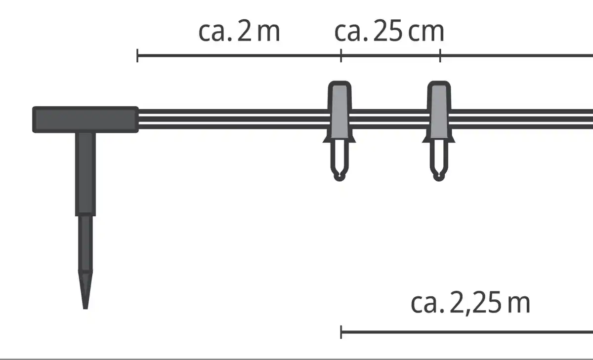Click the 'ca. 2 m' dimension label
coord(239,32)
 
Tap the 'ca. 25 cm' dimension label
coord(389,32)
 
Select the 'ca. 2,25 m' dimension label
coord(470,303)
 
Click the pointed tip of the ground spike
coord(85,308)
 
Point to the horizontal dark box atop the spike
coord(85,120)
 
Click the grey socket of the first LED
coord(339,111)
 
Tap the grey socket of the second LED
coord(439,111)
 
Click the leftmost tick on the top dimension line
coord(137,55)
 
